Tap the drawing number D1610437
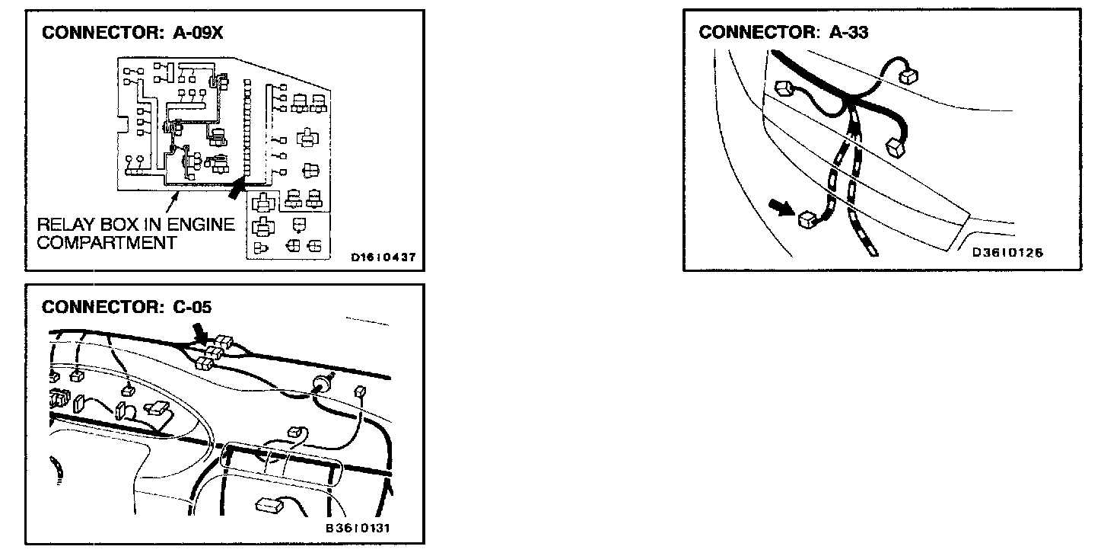(x=383, y=257)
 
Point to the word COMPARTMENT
(x=107, y=243)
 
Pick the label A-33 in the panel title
(x=848, y=32)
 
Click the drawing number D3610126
(x=1007, y=253)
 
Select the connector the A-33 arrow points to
(x=808, y=220)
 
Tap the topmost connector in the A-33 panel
(x=908, y=75)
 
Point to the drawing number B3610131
(x=358, y=528)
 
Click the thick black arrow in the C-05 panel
(x=202, y=331)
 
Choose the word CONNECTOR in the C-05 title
(x=100, y=307)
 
